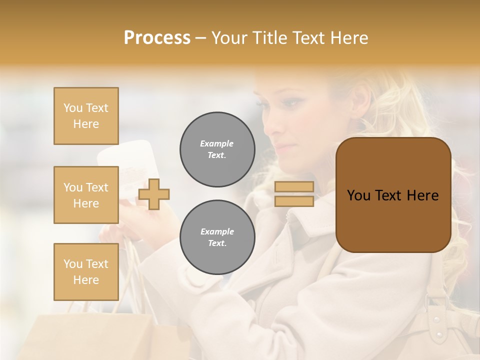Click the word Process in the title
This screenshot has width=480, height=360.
coord(157,38)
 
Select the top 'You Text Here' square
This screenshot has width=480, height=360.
coord(86,116)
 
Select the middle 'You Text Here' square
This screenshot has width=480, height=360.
coord(86,195)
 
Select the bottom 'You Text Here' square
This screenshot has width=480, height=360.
coord(86,272)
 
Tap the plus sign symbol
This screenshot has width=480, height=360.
coord(154,194)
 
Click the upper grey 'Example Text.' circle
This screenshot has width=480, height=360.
coord(217,149)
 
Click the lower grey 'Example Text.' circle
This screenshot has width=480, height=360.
coord(217,237)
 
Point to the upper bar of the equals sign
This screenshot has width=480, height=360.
coord(294,187)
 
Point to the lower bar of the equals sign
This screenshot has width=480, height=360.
coord(294,201)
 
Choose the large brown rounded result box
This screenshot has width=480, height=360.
coord(393,195)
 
